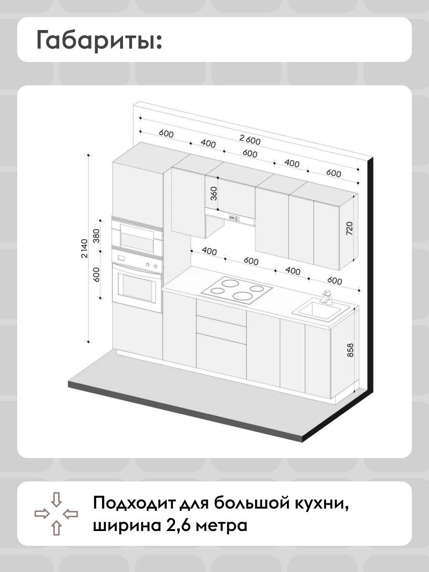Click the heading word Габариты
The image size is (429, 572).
pos(99,40)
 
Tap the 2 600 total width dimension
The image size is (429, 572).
pos(250,140)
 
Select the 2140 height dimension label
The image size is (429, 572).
pos(85,248)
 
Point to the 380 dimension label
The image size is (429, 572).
pos(96,236)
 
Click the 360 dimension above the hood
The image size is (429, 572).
pos(214,194)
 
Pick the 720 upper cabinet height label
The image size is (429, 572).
pos(349,228)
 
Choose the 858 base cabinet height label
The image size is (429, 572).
pos(351,350)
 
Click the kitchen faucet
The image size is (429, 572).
pos(327,297)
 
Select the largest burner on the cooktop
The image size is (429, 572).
pos(243,296)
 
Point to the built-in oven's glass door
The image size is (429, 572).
pos(136,286)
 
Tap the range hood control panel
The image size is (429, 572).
pos(234,217)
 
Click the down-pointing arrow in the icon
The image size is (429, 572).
pos(56,499)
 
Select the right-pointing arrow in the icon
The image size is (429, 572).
pos(42,514)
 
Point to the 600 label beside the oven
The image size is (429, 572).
pos(96,275)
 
